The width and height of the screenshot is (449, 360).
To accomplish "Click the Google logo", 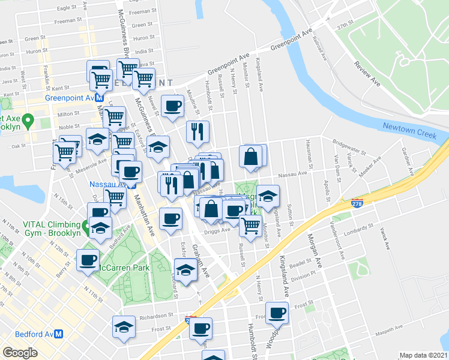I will coord(20,353).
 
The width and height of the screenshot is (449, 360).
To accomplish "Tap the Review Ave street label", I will coord(367,73).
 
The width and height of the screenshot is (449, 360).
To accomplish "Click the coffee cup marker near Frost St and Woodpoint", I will coord(277,313).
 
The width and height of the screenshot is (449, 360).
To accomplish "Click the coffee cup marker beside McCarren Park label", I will coord(88,260).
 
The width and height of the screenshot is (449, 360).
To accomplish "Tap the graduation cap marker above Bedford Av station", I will coord(124,327).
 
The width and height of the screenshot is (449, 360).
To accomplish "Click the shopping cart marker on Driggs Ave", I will coord(250,226).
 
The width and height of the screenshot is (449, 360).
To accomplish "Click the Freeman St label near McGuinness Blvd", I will coord(142,11).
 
